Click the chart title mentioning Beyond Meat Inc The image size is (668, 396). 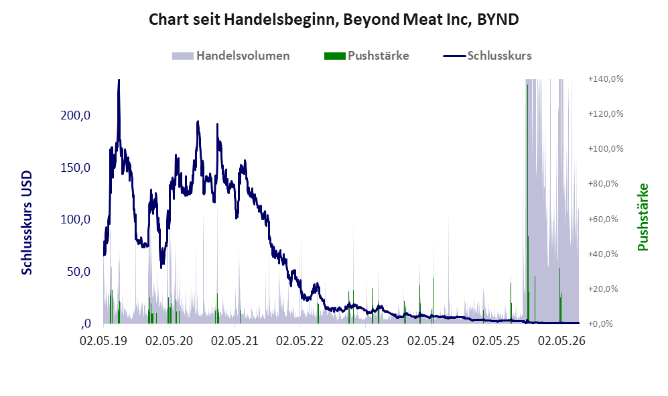click(334, 19)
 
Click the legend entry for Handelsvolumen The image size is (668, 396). click(231, 56)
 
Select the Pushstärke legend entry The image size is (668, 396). click(366, 56)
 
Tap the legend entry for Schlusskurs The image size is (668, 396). click(487, 56)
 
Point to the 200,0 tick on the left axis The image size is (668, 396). click(76, 115)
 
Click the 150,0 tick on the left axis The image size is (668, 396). click(76, 168)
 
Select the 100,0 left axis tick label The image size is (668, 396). click(76, 219)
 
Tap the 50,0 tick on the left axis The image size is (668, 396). click(78, 272)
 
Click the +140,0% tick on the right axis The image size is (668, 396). click(606, 79)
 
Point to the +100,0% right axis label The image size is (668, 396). click(606, 149)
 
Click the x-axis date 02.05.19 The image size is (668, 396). click(104, 341)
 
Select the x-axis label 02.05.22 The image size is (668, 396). click(299, 341)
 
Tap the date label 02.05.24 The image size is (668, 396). click(431, 341)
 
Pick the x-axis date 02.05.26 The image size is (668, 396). click(561, 341)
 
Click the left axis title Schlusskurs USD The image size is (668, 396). click(27, 223)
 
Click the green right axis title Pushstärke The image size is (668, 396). click(643, 217)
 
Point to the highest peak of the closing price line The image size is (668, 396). click(119, 80)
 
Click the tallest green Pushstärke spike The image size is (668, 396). click(527, 204)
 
